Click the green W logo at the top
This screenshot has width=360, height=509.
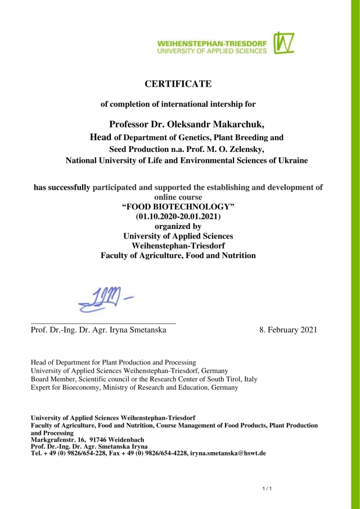pos(284,43)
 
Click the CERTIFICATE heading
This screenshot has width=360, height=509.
pos(178,84)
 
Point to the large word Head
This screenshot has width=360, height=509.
pos(101,137)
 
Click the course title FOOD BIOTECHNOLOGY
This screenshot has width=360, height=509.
pos(178,207)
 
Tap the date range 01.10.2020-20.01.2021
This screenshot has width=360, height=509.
pos(178,217)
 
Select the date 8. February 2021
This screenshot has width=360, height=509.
pos(288,330)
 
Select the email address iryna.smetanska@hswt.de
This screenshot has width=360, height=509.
pos(228,453)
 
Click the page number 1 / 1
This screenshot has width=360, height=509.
pos(267,488)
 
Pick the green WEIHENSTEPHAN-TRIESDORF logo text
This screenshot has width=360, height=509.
pos(212,43)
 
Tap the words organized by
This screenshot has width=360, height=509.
pos(178,227)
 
